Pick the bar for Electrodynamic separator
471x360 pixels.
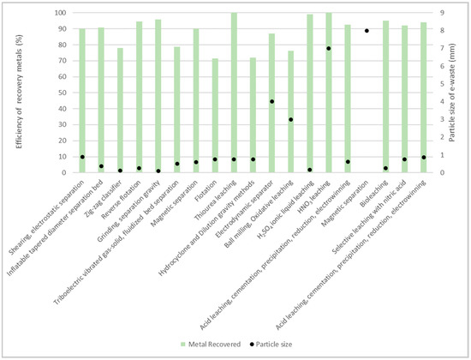point(271,103)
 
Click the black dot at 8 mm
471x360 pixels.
point(367,31)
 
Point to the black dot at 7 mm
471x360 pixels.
point(329,49)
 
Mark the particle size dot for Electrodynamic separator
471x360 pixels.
point(271,101)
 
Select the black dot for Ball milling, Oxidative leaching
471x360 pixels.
point(290,119)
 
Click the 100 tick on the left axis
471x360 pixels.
point(61,14)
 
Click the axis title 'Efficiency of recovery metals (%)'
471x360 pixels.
point(17,93)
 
